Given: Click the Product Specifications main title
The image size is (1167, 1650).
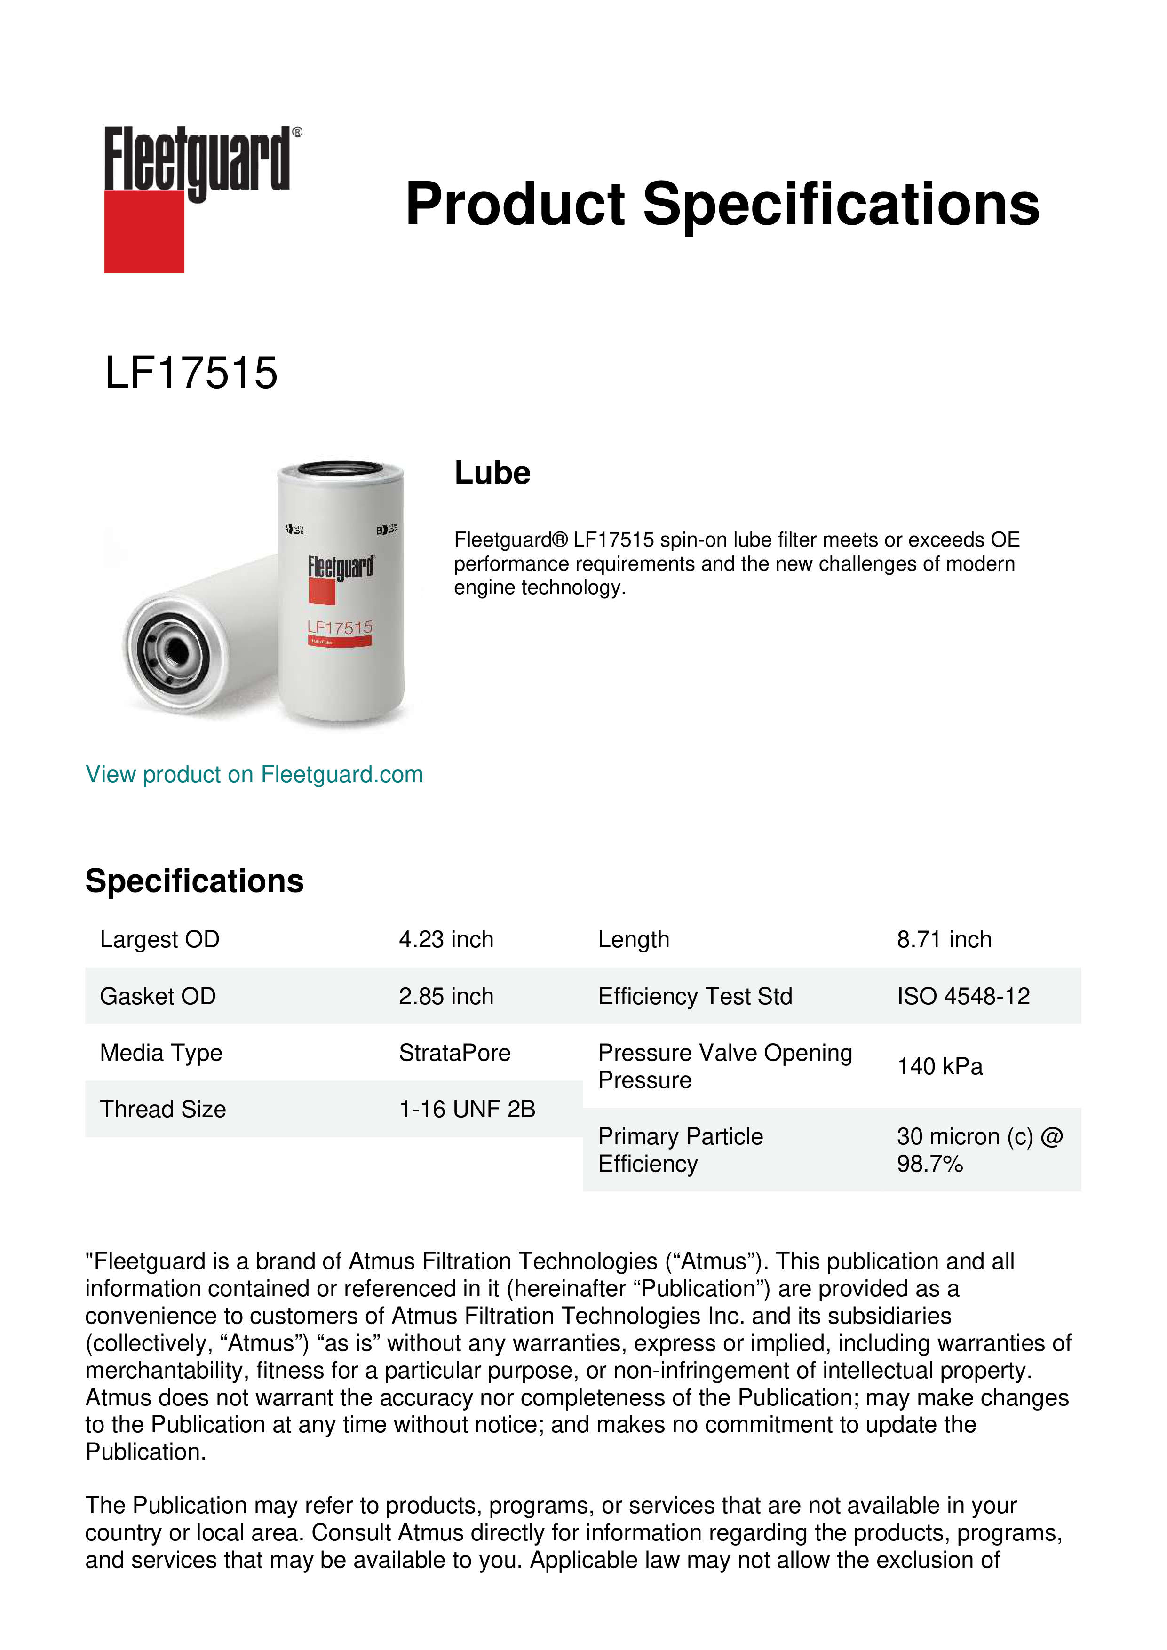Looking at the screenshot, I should click(x=722, y=204).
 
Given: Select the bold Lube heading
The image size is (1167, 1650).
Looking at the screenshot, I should click(x=492, y=473).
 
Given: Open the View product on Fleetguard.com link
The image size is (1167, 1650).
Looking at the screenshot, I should click(x=254, y=774).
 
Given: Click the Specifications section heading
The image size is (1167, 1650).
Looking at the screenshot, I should click(x=194, y=881).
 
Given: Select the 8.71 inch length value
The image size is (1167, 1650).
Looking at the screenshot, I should click(x=944, y=939).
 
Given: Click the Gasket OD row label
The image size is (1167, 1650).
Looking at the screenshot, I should click(x=158, y=996).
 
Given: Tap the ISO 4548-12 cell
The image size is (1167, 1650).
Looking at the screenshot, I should click(x=963, y=996).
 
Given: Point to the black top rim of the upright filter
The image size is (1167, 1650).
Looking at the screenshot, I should click(x=341, y=468).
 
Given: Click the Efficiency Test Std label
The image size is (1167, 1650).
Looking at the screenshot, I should click(x=695, y=996).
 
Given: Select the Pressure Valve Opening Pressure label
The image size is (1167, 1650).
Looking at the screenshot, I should click(x=724, y=1066).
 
